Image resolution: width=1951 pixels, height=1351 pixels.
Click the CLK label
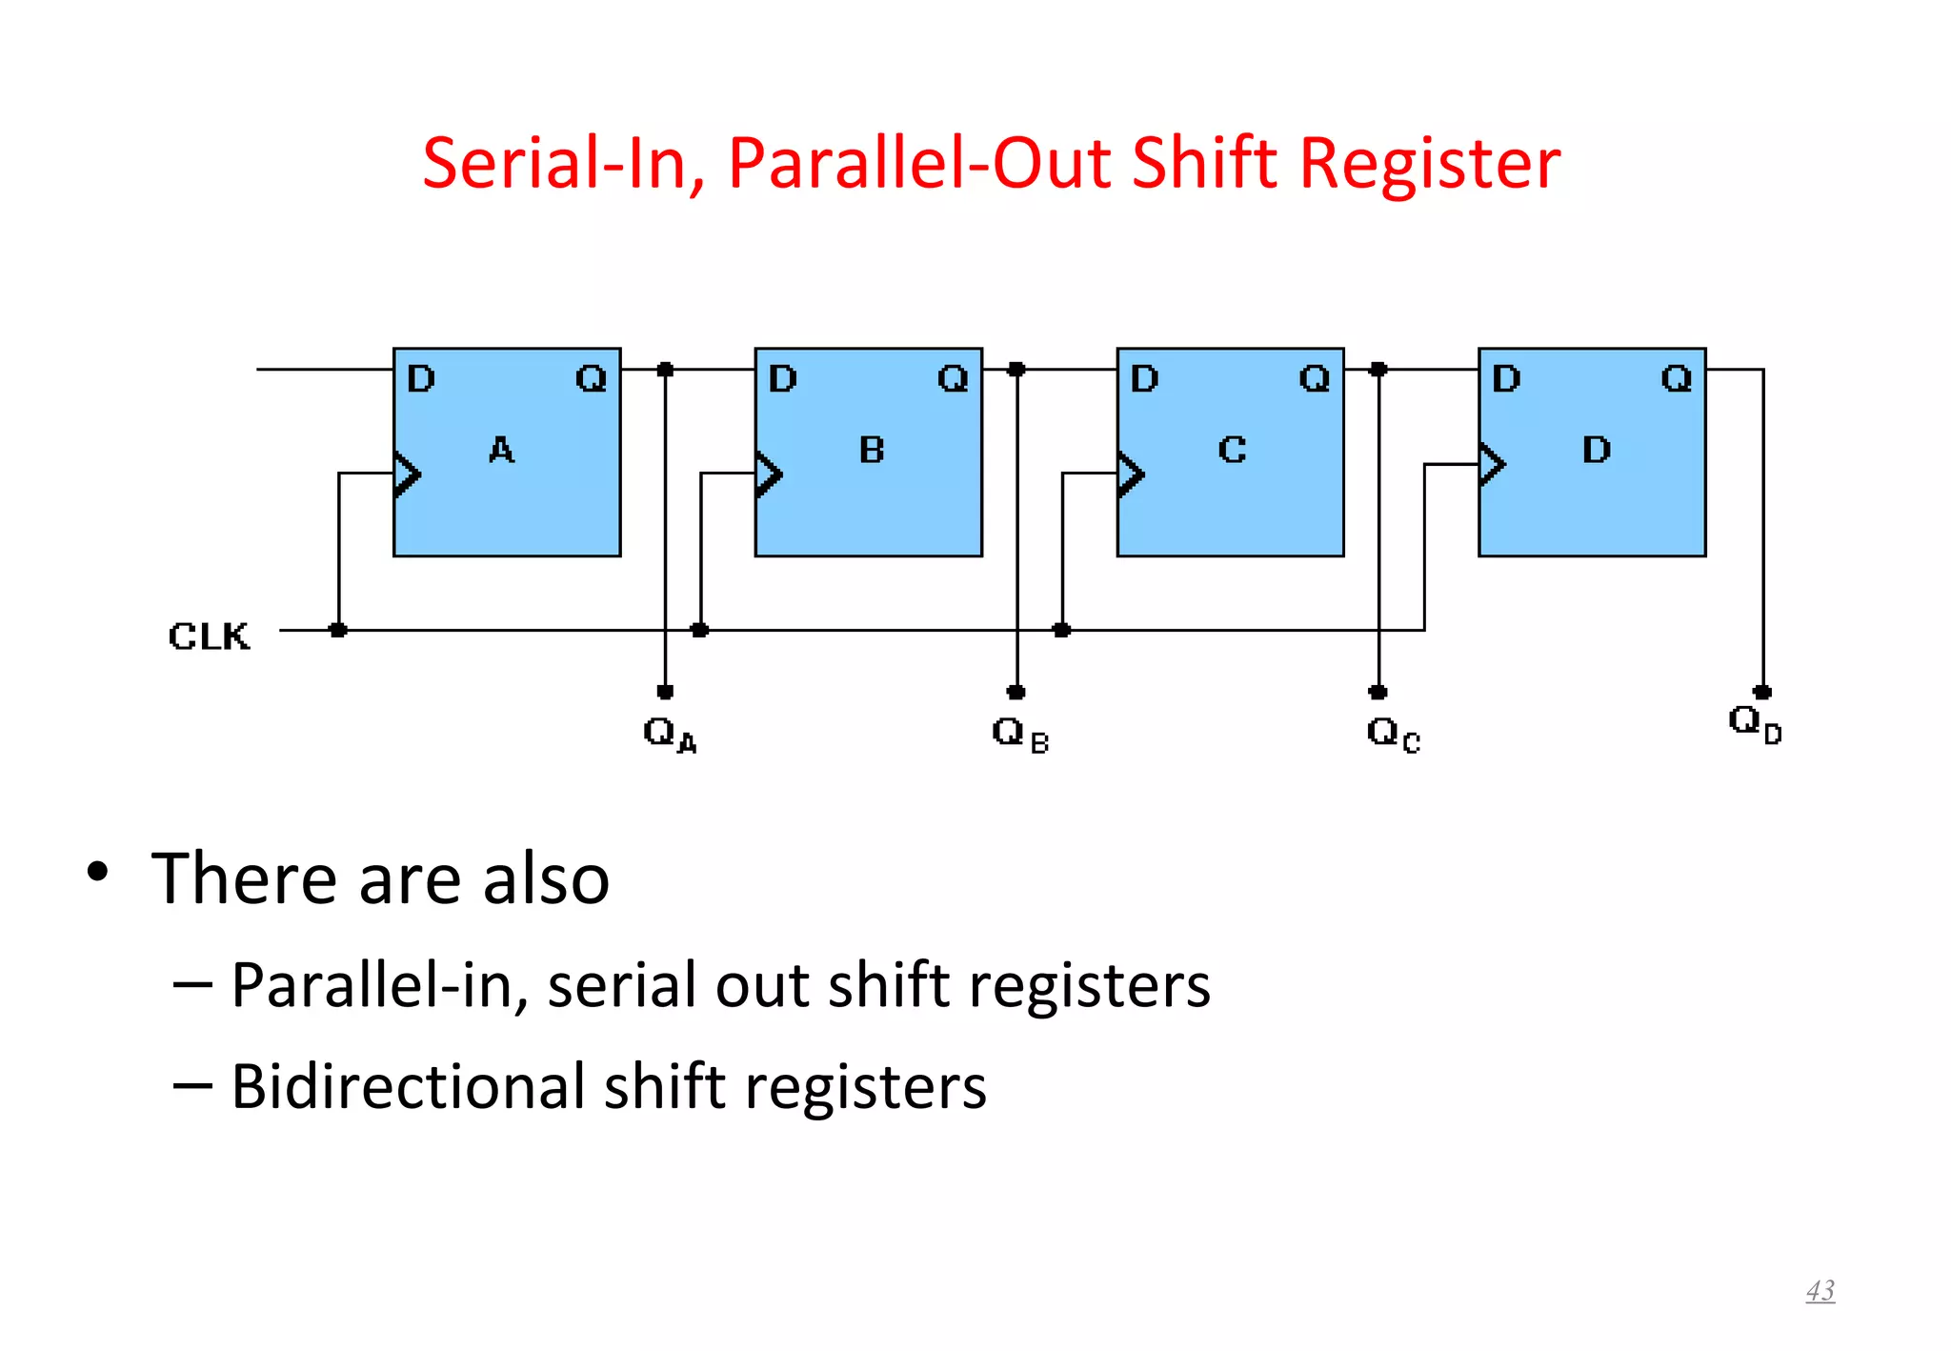(209, 635)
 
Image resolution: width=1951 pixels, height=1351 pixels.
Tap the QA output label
(669, 734)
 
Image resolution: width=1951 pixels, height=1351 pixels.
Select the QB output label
(1019, 734)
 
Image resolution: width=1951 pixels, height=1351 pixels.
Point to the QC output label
(1393, 734)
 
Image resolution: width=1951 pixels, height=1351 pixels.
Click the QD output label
(1755, 723)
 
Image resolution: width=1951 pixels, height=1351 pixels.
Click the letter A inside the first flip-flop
(501, 450)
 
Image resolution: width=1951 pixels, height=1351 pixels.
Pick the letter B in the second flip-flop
(871, 450)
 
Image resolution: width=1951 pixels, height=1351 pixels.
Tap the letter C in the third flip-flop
(1232, 450)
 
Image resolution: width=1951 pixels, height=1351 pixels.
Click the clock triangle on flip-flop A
(407, 474)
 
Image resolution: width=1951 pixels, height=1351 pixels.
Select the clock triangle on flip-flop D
(1492, 465)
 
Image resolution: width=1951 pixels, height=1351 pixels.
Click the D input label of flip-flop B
(782, 379)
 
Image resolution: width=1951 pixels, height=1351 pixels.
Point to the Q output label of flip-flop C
(1315, 379)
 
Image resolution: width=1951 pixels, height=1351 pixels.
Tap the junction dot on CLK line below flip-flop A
(338, 630)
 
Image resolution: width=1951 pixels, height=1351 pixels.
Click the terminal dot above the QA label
(665, 692)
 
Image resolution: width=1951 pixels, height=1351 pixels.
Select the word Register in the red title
(1429, 163)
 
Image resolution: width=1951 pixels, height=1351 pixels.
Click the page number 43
(1820, 1290)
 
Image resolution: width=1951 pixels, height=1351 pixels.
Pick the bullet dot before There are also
(97, 871)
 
